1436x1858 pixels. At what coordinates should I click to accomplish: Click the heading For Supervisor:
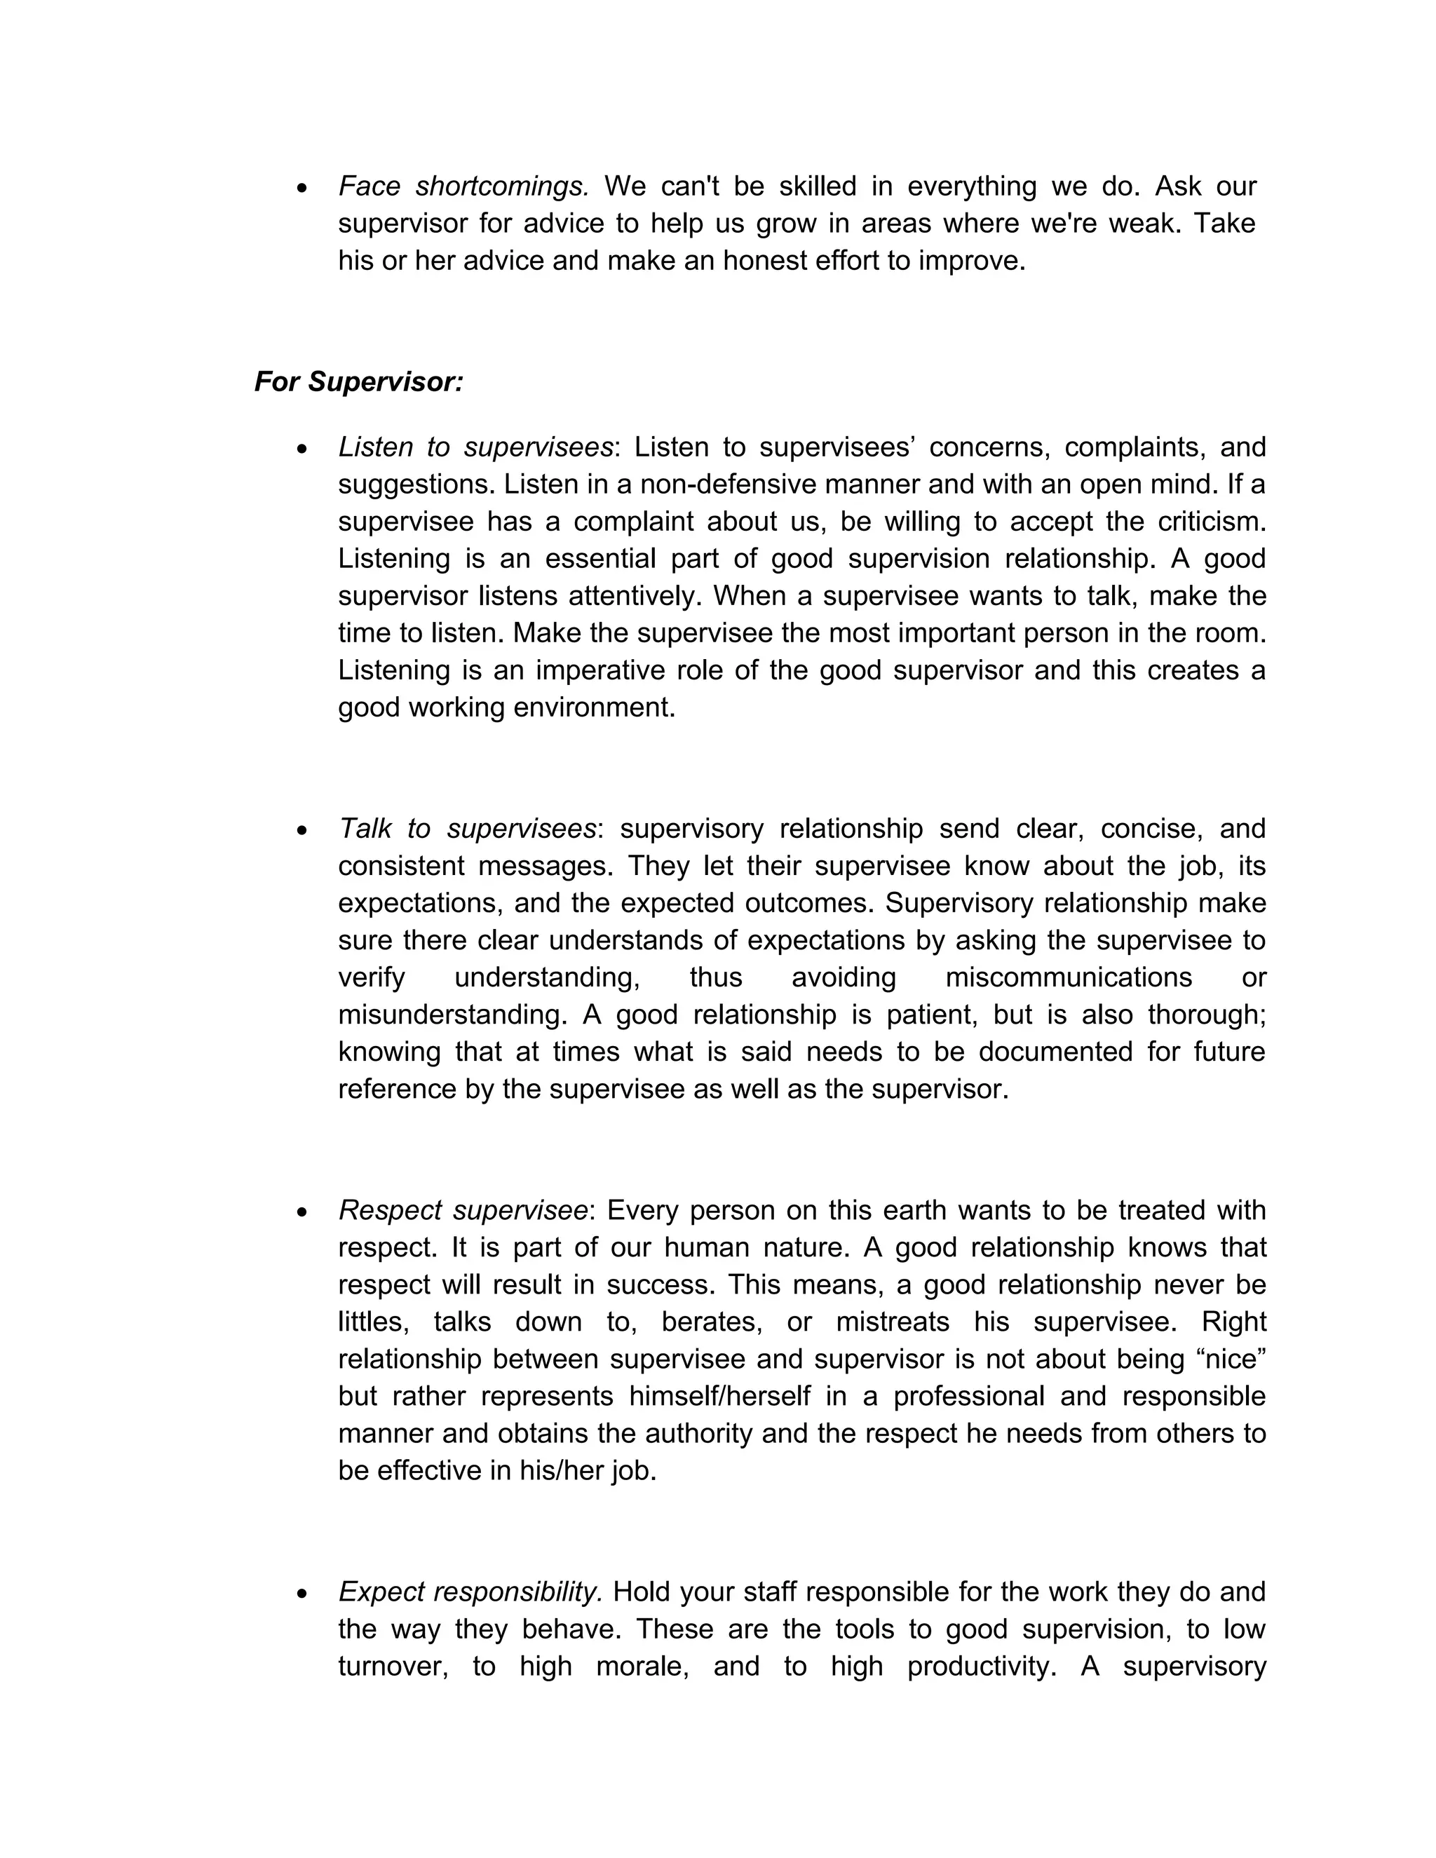pyautogui.click(x=358, y=382)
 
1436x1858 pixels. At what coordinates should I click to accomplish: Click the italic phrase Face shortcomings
pyautogui.click(x=463, y=187)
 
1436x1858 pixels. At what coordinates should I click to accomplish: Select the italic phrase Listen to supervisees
pyautogui.click(x=475, y=447)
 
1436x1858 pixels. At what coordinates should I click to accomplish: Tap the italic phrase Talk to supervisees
pyautogui.click(x=467, y=828)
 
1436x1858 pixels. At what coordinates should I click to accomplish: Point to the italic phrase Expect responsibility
pyautogui.click(x=470, y=1591)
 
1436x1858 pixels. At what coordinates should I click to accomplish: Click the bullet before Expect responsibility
pyautogui.click(x=302, y=1592)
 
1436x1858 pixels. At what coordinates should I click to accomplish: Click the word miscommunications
pyautogui.click(x=1069, y=977)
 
